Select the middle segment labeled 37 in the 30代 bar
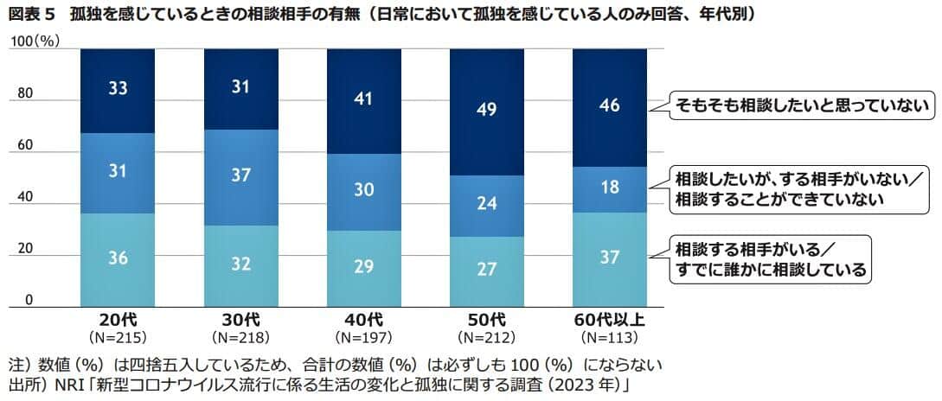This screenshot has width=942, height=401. point(240,176)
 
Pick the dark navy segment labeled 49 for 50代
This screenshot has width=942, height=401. point(488,111)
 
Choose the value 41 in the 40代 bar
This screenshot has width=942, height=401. point(364,99)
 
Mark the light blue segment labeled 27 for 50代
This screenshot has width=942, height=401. point(488,270)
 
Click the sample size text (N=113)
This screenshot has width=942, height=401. point(610,336)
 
